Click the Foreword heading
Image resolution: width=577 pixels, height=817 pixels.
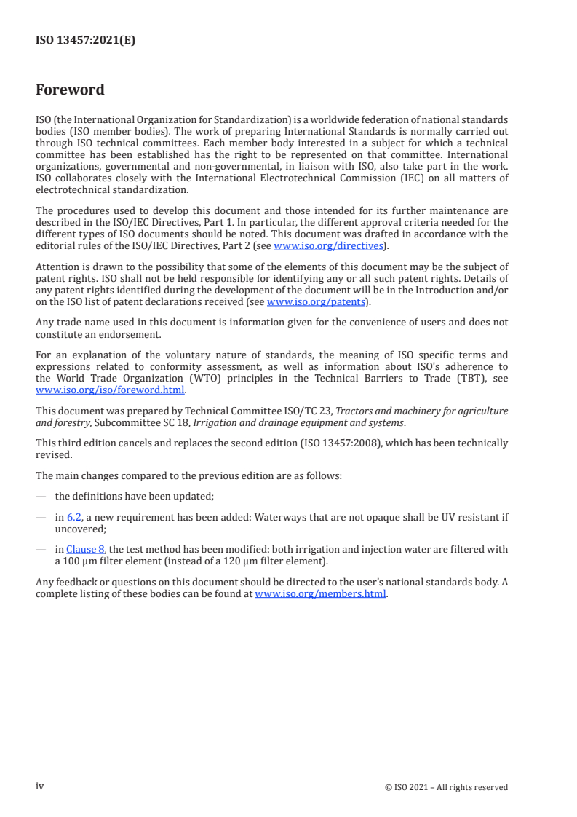70,90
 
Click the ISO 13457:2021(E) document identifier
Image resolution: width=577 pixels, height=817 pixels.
85,41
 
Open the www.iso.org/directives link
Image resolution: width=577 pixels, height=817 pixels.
328,246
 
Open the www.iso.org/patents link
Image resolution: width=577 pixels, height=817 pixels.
317,301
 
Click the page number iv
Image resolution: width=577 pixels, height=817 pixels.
40,786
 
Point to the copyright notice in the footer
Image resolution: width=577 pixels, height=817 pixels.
446,787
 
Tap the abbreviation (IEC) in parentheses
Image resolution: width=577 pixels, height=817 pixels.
407,178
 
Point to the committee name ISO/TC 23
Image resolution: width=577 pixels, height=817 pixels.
306,411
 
